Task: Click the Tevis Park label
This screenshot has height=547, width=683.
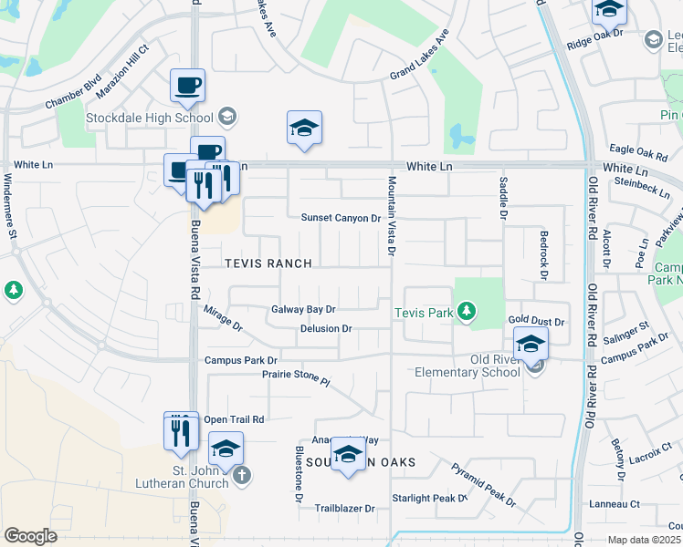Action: pos(424,313)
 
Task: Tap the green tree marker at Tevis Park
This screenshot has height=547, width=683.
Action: pos(467,313)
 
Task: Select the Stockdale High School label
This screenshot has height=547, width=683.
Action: pos(149,117)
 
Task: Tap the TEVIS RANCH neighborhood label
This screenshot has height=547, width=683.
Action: pos(268,263)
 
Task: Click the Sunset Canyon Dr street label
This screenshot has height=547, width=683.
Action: pos(341,218)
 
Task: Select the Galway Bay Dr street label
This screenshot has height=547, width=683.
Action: pos(304,310)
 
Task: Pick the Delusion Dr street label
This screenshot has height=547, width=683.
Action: pos(326,328)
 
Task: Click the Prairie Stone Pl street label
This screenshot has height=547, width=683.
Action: pos(295,375)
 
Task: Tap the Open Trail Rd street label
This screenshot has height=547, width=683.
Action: pos(234,419)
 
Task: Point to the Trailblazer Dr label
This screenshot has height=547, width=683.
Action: pos(344,509)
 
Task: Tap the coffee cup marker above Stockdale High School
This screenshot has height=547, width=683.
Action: pos(187,86)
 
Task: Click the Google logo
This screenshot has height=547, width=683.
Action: pos(30,536)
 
